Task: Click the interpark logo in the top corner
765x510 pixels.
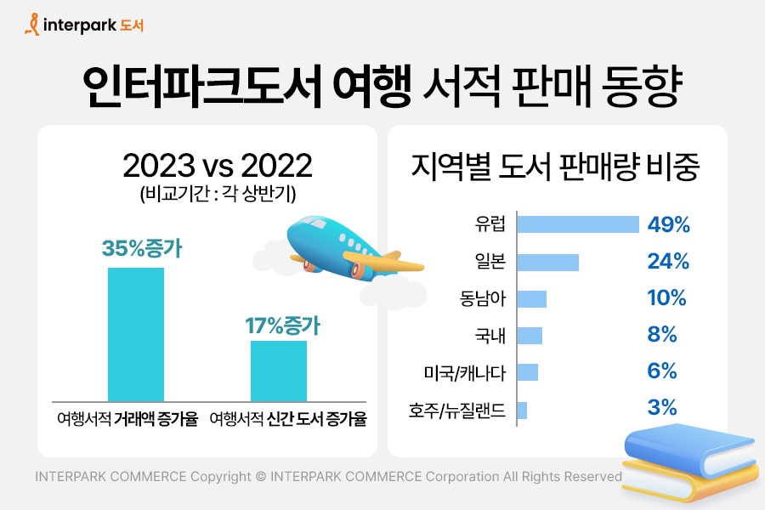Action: tap(84, 25)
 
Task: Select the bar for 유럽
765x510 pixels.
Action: tap(578, 224)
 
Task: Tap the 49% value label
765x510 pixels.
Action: tap(668, 224)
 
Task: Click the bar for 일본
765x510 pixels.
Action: tap(548, 262)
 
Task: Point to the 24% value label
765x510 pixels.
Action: tap(668, 262)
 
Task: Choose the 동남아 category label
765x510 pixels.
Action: tap(483, 298)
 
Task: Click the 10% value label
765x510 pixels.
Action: tap(666, 298)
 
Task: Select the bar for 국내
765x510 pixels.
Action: tap(530, 336)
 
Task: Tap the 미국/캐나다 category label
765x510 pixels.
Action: tap(465, 372)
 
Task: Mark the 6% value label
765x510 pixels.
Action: tap(662, 372)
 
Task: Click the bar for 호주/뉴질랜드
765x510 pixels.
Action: tap(522, 410)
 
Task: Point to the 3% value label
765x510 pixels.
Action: tap(662, 409)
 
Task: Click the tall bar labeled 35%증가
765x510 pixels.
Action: tap(136, 333)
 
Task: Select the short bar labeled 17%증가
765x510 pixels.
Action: tap(278, 371)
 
